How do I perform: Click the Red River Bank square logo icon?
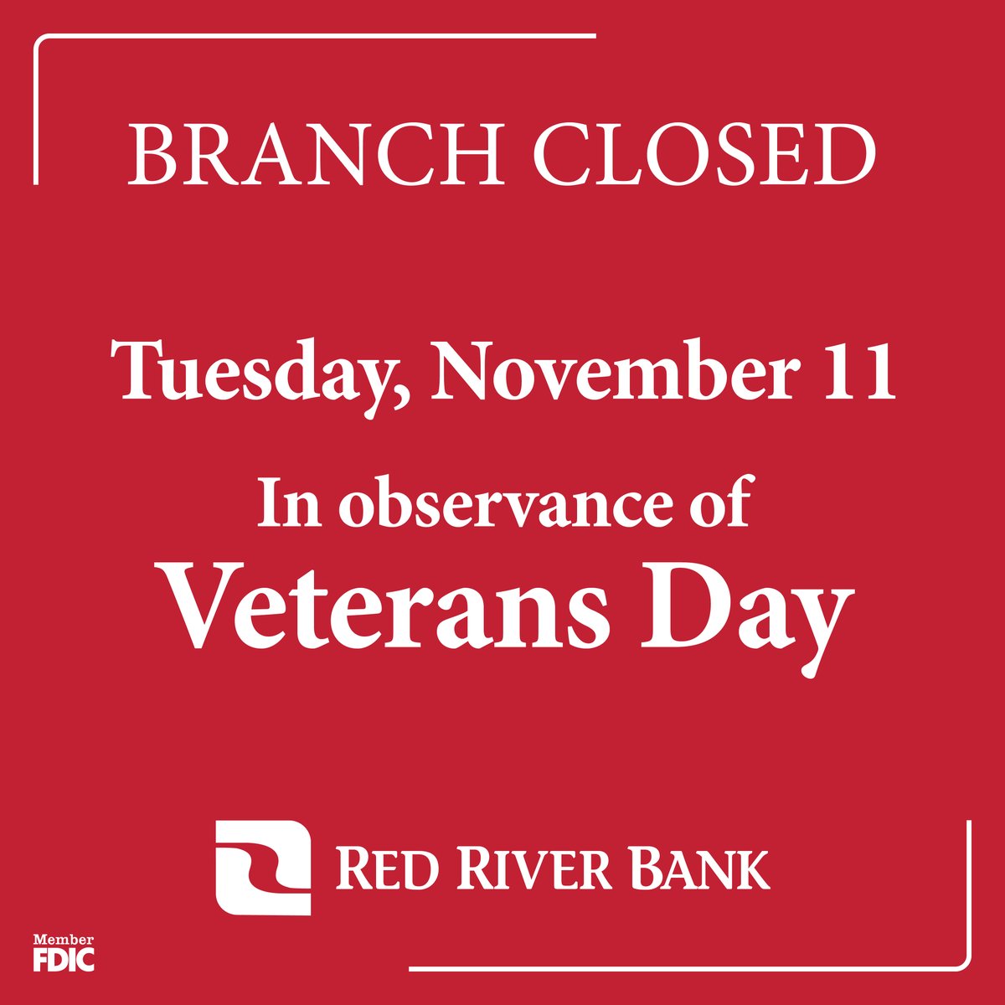coord(263,867)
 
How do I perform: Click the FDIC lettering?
coord(64,959)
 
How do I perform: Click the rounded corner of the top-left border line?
coord(39,41)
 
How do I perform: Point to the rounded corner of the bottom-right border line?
coord(964,964)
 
